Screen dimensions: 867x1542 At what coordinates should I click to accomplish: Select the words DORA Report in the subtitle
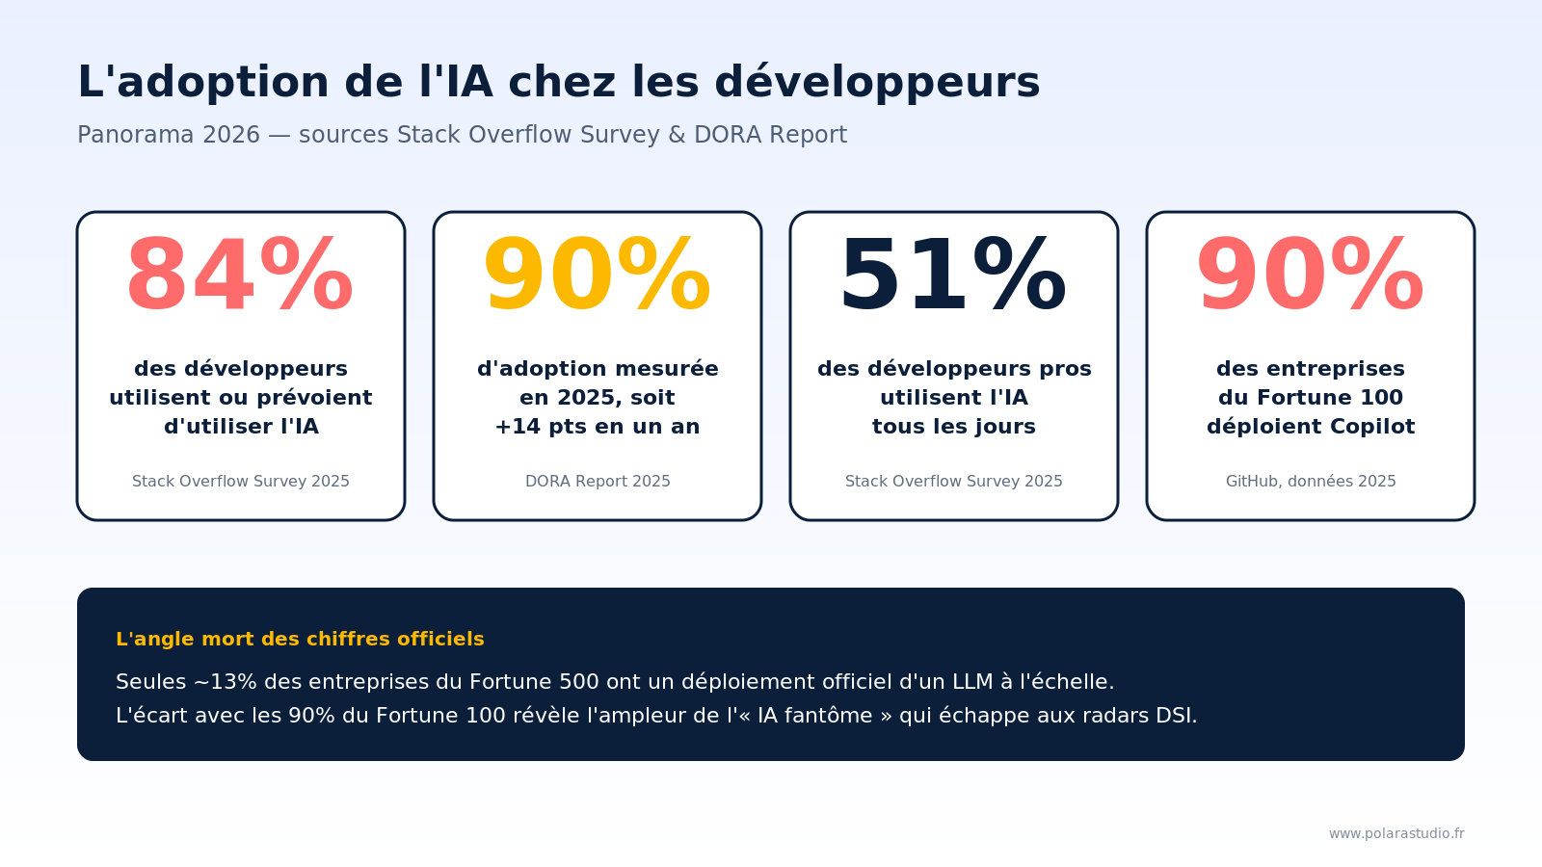pyautogui.click(x=770, y=135)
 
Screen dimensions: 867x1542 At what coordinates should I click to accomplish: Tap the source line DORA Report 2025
pyautogui.click(x=598, y=482)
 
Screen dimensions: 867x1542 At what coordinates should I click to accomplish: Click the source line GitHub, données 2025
pyautogui.click(x=1311, y=482)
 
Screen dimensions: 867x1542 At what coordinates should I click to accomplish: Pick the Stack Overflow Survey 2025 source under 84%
pyautogui.click(x=241, y=482)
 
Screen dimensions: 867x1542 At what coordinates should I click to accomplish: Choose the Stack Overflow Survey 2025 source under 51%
pyautogui.click(x=954, y=482)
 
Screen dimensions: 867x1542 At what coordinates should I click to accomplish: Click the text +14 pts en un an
pyautogui.click(x=598, y=427)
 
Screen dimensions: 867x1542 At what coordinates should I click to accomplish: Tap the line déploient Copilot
pyautogui.click(x=1311, y=427)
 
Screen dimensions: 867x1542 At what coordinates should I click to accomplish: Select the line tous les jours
pyautogui.click(x=954, y=427)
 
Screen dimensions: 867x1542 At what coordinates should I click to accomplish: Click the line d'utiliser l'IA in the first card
pyautogui.click(x=241, y=427)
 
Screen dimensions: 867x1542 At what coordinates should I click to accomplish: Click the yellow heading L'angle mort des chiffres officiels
pyautogui.click(x=300, y=640)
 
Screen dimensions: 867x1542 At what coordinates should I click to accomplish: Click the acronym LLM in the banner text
pyautogui.click(x=972, y=682)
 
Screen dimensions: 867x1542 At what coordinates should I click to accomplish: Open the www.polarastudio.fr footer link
pyautogui.click(x=1396, y=833)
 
